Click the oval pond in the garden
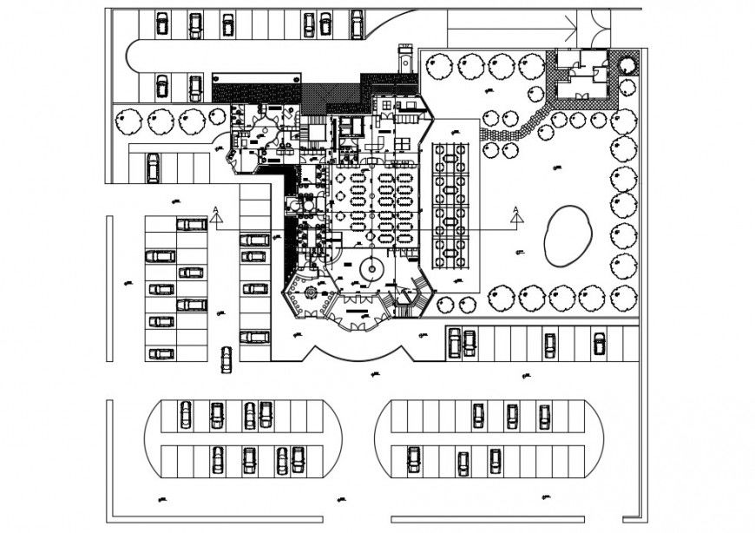(x=567, y=235)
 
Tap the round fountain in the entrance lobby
(x=371, y=269)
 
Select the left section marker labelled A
(x=214, y=214)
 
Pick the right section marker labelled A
(x=515, y=214)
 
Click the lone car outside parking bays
(x=226, y=359)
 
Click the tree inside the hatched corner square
(x=628, y=63)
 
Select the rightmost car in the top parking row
(x=357, y=23)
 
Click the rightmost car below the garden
(x=599, y=344)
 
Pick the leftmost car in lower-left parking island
(x=185, y=415)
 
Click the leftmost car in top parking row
(x=161, y=23)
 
